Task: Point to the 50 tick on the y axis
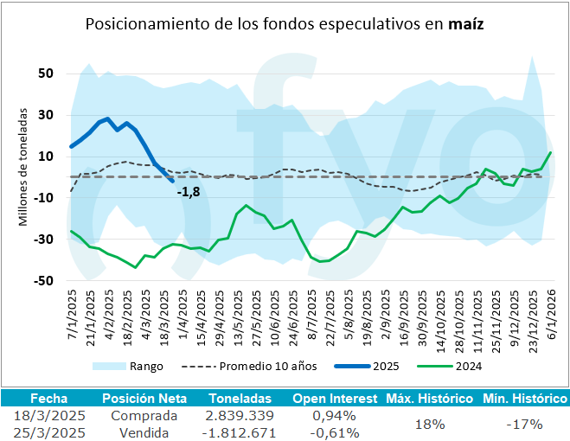(x=47, y=73)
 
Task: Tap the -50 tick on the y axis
(x=44, y=281)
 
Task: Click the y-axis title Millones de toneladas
(x=23, y=167)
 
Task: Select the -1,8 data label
(x=188, y=192)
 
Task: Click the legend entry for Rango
(x=145, y=366)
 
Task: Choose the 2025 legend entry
(x=385, y=366)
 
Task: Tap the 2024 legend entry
(x=466, y=366)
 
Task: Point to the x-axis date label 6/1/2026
(x=551, y=317)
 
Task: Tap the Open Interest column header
(x=335, y=399)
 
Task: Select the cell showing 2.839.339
(x=240, y=416)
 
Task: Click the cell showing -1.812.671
(x=240, y=432)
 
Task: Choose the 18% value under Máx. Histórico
(x=430, y=424)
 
